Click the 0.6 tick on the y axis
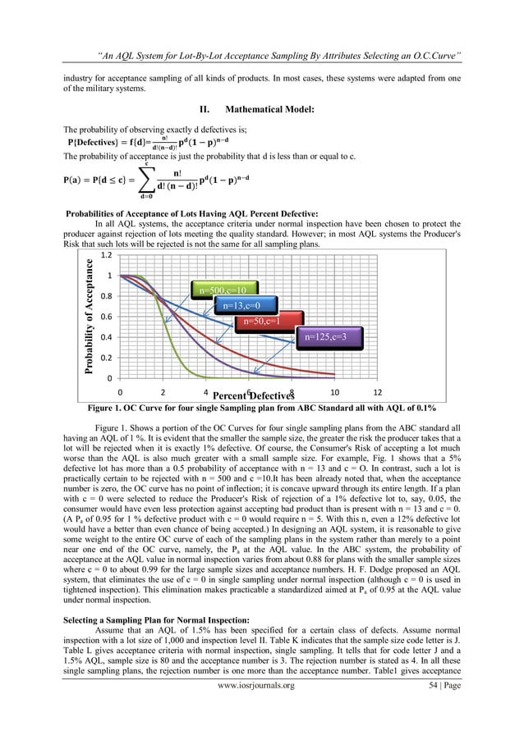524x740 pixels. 103,317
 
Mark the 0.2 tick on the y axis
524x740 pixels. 103,358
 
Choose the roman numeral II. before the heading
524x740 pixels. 205,109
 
